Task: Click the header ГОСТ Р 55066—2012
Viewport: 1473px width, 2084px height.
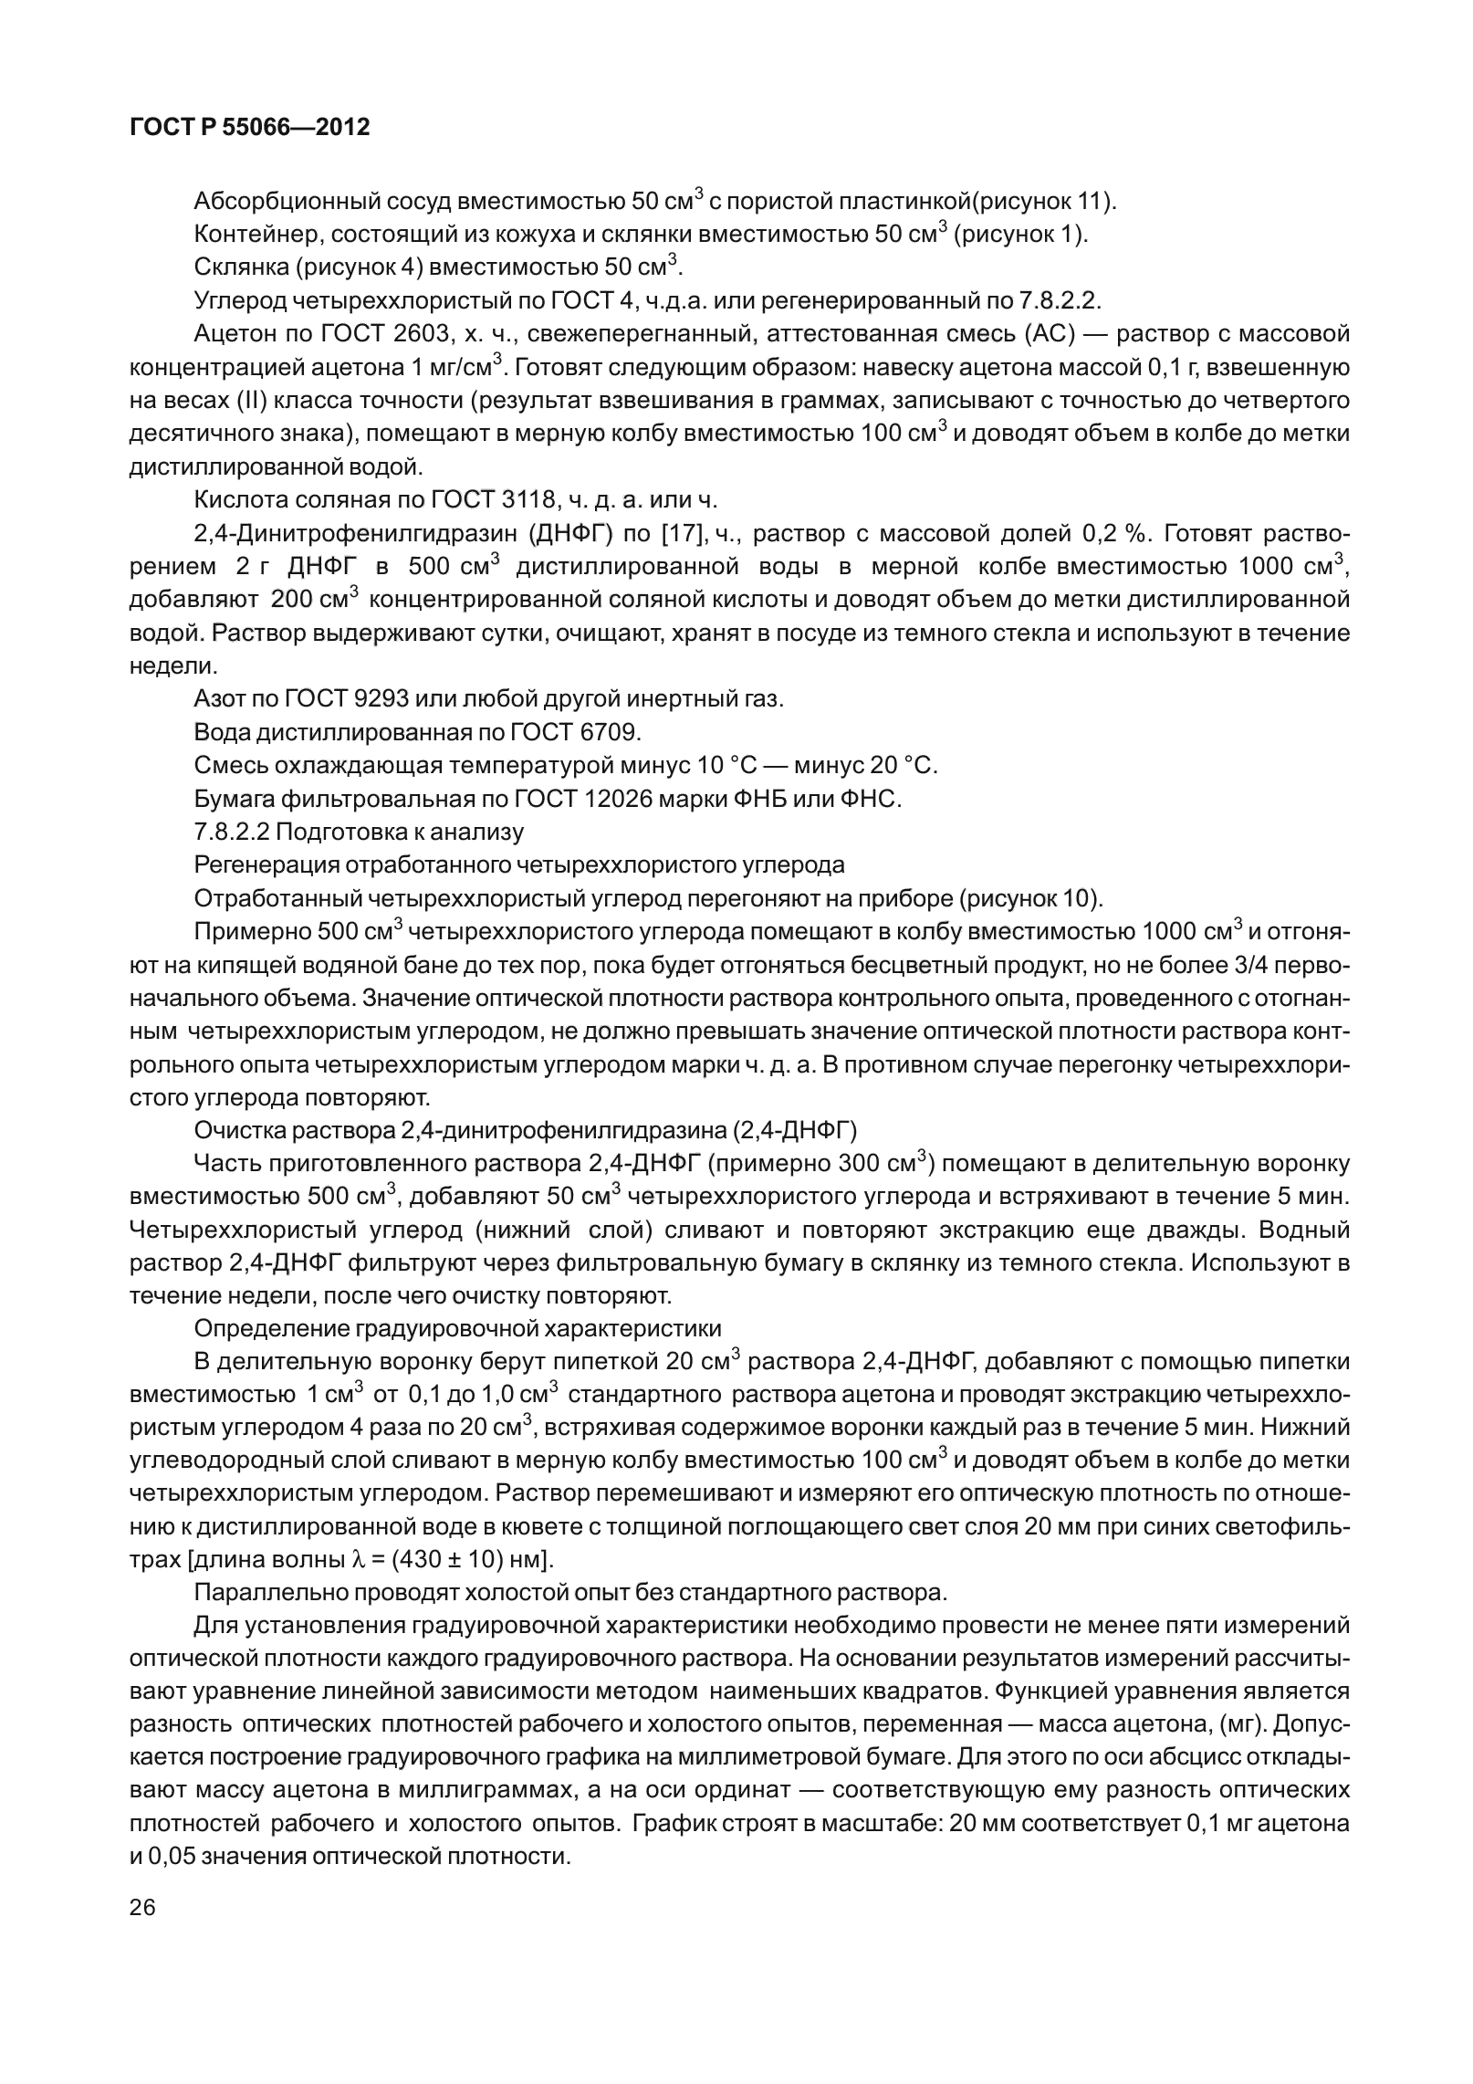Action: (250, 128)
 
